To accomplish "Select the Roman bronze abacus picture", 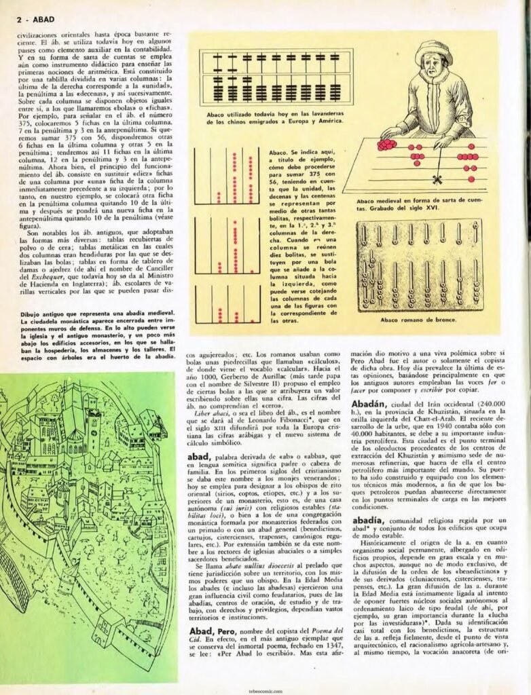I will click(420, 265).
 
